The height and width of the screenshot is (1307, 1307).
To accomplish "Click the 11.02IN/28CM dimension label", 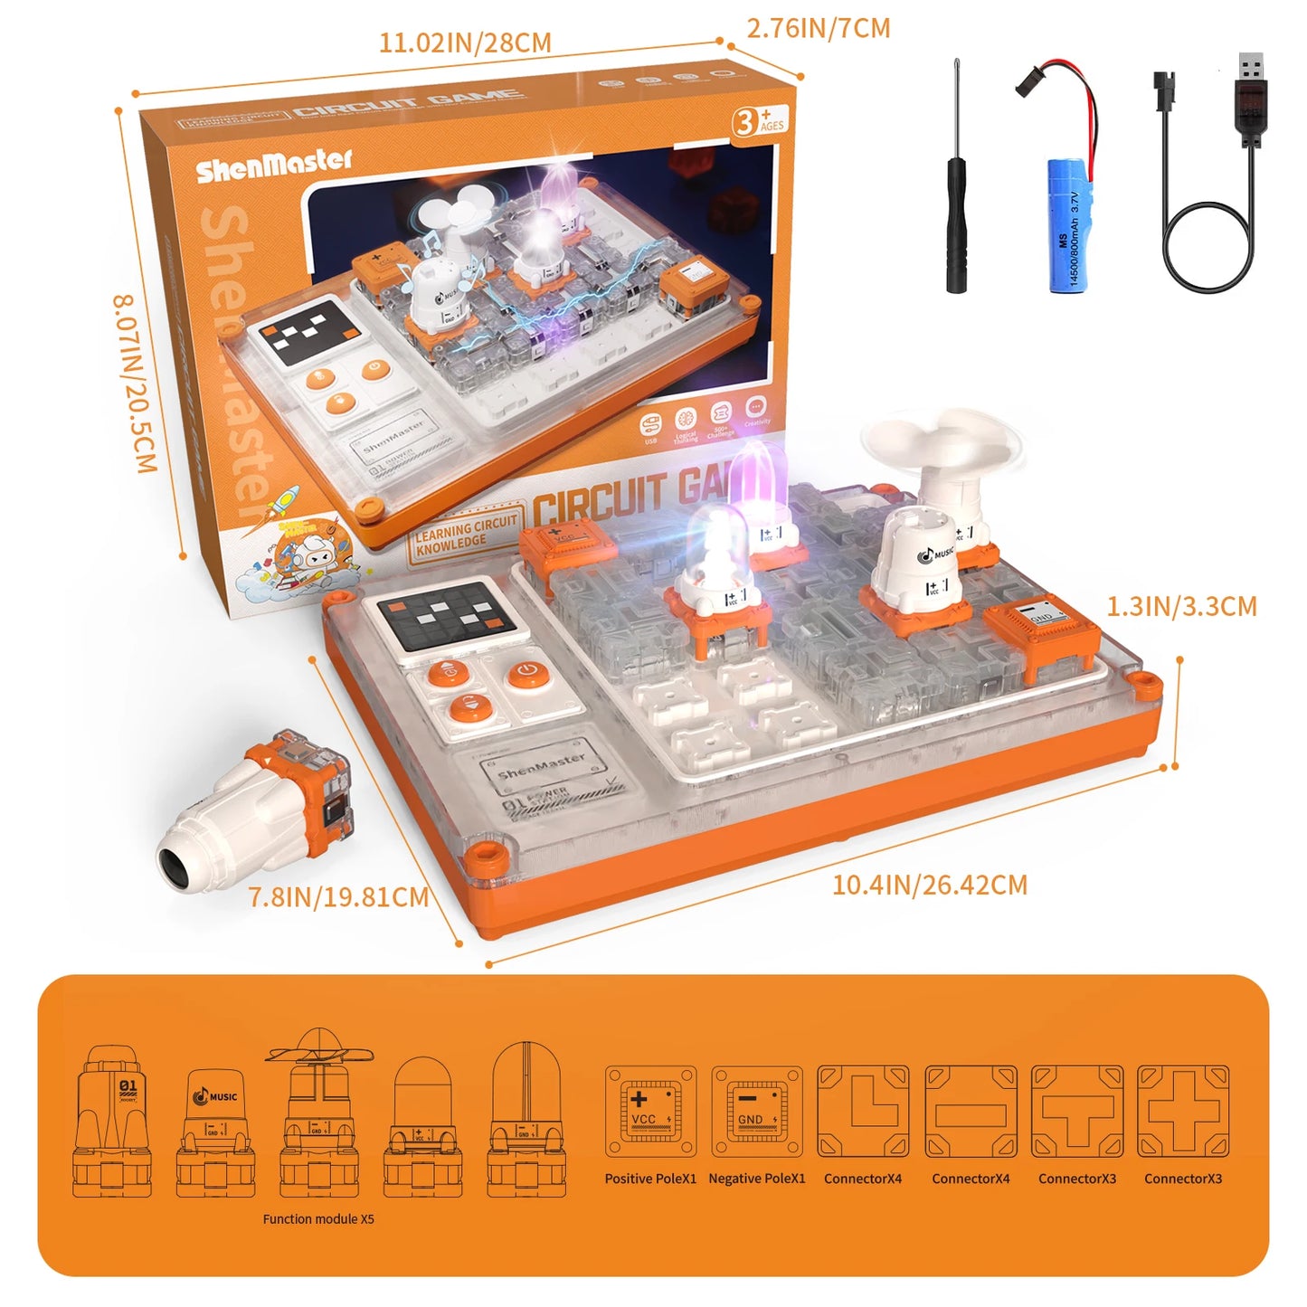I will [x=464, y=43].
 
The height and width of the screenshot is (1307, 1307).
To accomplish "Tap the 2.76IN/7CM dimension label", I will [x=818, y=29].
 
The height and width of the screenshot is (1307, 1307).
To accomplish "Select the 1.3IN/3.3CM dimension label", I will [x=1181, y=606].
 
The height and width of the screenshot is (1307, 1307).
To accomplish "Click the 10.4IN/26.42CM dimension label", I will [x=929, y=885].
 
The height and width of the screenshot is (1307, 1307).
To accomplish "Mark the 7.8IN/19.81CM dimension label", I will [x=338, y=897].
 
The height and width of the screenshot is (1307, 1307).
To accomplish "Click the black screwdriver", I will [x=956, y=199].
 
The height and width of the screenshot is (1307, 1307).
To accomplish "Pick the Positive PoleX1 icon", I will [x=650, y=1112].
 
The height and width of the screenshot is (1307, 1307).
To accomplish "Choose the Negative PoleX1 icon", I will [x=757, y=1112].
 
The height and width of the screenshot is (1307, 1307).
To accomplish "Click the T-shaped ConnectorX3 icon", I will [x=1076, y=1112].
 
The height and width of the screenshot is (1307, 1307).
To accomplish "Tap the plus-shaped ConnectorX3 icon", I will [x=1183, y=1112].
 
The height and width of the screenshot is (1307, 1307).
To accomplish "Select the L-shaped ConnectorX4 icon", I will [x=863, y=1112].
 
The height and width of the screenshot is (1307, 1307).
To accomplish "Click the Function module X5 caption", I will [x=318, y=1219].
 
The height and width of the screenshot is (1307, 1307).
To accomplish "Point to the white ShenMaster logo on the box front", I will [x=273, y=164].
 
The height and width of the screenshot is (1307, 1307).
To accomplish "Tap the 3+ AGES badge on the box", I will [x=759, y=120].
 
